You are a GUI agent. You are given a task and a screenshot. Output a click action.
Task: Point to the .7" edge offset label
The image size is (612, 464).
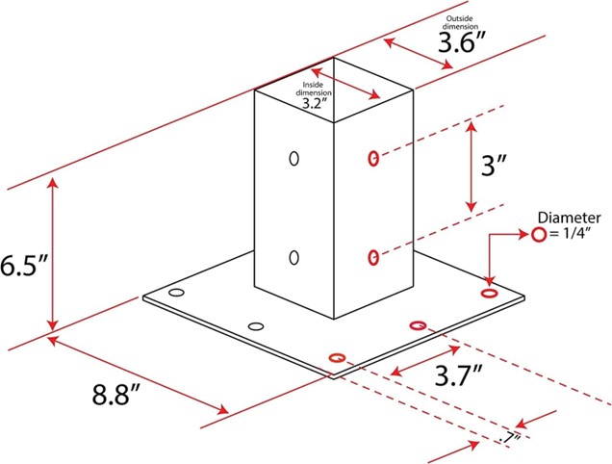(510, 439)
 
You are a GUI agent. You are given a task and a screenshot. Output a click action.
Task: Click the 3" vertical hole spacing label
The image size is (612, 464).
(494, 166)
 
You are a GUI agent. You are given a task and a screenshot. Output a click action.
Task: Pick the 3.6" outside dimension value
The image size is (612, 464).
(462, 42)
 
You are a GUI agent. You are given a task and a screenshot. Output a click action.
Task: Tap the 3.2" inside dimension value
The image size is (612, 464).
(314, 103)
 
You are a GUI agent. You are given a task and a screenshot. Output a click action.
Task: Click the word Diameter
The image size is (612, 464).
(569, 218)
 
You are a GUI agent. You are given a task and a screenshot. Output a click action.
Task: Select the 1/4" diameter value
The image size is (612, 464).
(573, 234)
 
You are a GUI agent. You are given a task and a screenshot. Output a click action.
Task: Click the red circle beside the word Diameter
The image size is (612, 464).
(539, 235)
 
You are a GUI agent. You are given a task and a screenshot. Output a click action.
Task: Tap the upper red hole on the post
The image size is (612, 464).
(373, 159)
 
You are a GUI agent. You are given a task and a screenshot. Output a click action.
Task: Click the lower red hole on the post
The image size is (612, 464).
(373, 257)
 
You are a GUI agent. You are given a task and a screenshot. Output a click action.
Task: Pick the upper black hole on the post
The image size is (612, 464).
(293, 158)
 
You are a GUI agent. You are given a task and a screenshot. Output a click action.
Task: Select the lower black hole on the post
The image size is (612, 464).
(293, 257)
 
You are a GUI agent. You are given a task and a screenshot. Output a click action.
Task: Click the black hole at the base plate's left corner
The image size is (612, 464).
(176, 293)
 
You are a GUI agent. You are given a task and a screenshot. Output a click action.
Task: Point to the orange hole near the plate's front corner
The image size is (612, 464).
(338, 357)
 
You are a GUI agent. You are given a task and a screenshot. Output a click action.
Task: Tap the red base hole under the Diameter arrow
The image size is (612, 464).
(489, 293)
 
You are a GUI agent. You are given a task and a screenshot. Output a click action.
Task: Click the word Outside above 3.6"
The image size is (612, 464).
(460, 18)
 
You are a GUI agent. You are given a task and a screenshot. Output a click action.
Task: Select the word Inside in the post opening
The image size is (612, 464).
(313, 85)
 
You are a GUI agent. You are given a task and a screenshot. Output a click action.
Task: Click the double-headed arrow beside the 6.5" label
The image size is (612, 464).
(52, 255)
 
